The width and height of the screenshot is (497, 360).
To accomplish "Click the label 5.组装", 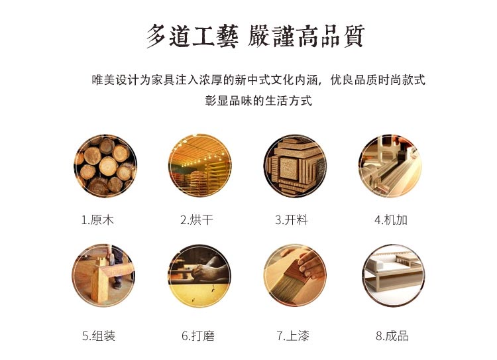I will [99, 336].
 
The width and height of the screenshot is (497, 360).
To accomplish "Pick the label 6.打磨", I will [197, 336].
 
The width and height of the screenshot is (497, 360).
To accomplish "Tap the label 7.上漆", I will [293, 336].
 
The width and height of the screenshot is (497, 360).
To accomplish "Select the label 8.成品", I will [392, 336].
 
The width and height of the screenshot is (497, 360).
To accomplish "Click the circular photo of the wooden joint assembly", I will [104, 275].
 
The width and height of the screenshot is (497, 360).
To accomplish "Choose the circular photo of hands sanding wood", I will [200, 275].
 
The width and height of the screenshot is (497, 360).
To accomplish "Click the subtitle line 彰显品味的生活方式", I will [258, 102].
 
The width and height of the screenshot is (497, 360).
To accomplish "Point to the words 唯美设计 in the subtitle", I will [111, 80].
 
